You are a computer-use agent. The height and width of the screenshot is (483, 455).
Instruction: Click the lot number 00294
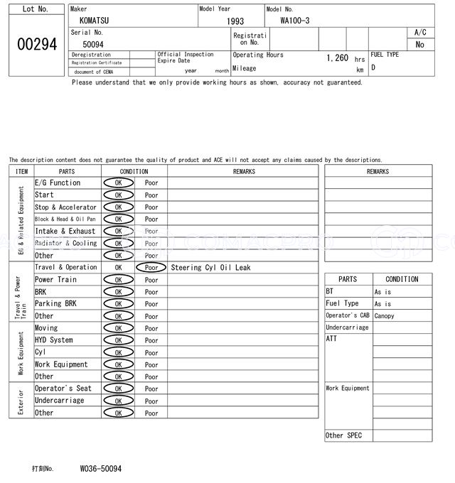click(x=36, y=44)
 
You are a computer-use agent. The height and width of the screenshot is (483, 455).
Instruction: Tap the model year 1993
click(x=235, y=21)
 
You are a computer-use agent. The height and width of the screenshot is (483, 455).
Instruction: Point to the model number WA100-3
click(x=295, y=21)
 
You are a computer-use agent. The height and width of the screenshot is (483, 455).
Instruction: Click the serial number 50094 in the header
click(x=93, y=44)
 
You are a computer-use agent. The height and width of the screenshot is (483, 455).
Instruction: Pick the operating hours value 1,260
click(x=337, y=58)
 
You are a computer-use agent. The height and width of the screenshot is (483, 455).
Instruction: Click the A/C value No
click(x=419, y=44)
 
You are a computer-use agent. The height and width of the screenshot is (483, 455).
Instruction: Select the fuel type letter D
click(x=373, y=67)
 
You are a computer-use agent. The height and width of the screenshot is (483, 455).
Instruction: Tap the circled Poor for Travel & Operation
click(x=151, y=268)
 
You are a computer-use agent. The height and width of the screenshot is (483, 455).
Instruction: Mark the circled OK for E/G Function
click(x=118, y=183)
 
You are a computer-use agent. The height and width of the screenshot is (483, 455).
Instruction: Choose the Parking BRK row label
click(x=55, y=304)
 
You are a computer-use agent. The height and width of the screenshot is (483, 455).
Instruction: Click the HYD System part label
click(x=54, y=340)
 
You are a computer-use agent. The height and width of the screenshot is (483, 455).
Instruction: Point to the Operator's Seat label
click(x=63, y=389)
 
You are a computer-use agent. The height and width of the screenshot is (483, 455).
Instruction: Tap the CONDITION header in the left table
click(x=134, y=171)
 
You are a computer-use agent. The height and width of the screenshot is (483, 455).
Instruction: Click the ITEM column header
click(x=21, y=171)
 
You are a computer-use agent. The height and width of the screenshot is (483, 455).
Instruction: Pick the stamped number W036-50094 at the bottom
click(x=100, y=470)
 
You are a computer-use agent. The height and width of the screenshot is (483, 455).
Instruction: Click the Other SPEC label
click(x=343, y=435)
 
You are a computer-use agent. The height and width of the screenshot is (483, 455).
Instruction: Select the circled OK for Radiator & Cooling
click(x=118, y=244)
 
